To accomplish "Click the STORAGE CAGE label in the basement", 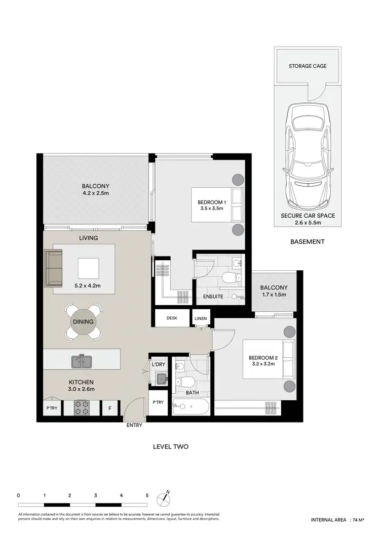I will click(308, 66).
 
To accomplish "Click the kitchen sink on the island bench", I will click(81, 361).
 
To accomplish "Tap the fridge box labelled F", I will click(109, 408).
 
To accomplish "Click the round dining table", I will click(82, 322).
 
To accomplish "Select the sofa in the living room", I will click(53, 268).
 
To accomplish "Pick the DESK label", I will click(172, 318).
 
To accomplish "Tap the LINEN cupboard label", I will click(200, 318).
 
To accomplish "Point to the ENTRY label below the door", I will click(134, 426).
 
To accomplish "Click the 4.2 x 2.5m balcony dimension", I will click(96, 193).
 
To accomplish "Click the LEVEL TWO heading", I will click(171, 447).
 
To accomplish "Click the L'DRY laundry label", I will click(158, 364).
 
